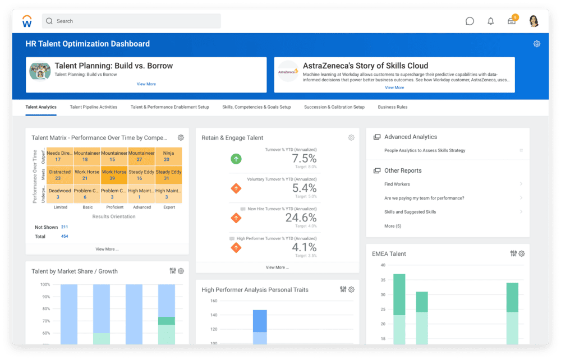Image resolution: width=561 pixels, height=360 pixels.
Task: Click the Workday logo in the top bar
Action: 27,21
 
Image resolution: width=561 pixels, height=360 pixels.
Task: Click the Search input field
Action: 131,21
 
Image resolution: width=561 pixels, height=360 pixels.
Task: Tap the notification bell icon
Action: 491,21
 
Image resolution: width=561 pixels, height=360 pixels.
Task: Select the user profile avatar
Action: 534,21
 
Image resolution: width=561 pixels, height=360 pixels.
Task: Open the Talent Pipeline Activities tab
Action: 94,107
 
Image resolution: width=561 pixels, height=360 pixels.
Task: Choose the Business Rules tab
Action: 393,107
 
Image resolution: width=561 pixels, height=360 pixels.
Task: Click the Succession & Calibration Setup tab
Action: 334,107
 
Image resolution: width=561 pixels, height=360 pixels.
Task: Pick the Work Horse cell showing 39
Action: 114,176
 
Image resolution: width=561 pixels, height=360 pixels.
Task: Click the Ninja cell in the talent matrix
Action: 168,156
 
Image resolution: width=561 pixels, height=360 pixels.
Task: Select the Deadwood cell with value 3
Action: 59,194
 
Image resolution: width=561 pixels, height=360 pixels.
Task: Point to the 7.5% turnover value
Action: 304,159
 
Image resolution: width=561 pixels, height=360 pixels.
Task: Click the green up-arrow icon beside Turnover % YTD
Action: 236,159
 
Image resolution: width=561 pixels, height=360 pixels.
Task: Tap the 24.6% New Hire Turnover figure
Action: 301,218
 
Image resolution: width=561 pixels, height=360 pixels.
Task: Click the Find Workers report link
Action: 397,184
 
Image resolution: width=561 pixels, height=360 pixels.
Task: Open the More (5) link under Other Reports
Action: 393,226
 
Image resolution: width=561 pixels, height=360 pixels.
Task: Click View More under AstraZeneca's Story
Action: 394,87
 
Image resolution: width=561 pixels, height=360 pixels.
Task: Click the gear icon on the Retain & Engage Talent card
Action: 351,137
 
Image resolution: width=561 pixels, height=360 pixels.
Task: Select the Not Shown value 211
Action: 65,227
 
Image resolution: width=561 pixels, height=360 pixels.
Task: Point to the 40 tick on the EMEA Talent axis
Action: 383,265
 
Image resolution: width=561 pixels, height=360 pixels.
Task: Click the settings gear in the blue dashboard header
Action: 537,44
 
